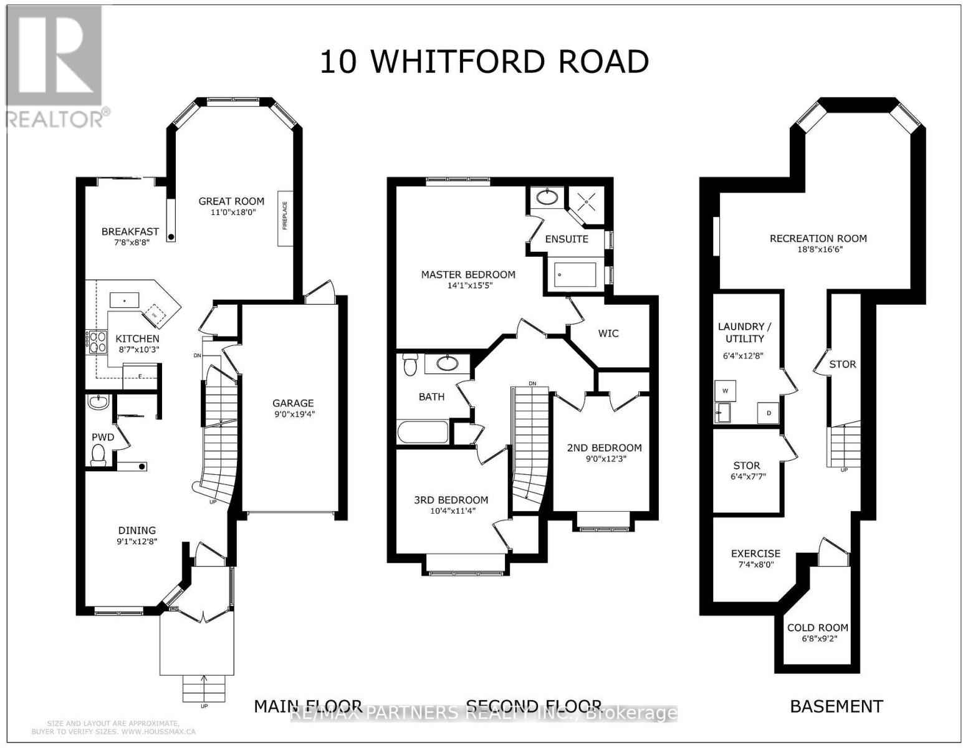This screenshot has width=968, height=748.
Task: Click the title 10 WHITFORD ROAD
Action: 484,62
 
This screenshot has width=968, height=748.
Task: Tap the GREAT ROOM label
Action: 231,201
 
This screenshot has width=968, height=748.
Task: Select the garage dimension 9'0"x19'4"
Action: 292,414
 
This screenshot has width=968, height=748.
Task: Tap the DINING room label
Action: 137,530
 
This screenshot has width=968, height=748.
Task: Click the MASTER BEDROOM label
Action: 468,274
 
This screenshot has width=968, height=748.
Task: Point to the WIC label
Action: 608,333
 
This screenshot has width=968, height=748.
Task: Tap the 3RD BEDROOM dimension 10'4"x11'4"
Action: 451,511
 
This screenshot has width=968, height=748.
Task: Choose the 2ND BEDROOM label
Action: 604,448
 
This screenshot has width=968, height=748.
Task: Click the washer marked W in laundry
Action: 725,391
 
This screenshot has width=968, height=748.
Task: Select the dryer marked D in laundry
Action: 768,413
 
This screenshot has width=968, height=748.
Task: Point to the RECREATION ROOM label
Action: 818,238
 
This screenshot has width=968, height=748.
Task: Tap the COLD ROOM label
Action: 817,628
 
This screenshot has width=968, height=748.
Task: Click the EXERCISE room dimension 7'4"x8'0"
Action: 755,565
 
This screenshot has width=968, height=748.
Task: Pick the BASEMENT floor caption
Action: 836,706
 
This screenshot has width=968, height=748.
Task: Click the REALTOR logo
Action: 54,65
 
